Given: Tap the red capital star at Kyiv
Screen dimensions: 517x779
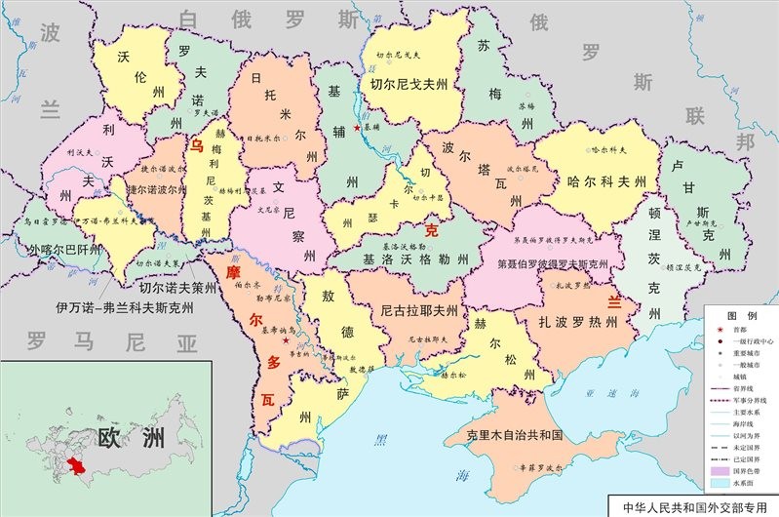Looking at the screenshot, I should pos(357,128).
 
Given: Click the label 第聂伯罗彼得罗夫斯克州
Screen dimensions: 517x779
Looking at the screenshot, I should pos(552,263).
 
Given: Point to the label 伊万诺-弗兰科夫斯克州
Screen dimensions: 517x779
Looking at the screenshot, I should pos(126,308).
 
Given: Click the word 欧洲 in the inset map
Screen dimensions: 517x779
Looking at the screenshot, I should pos(129,438).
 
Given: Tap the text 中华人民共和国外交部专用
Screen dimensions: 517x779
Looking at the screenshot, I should pos(692,507).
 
